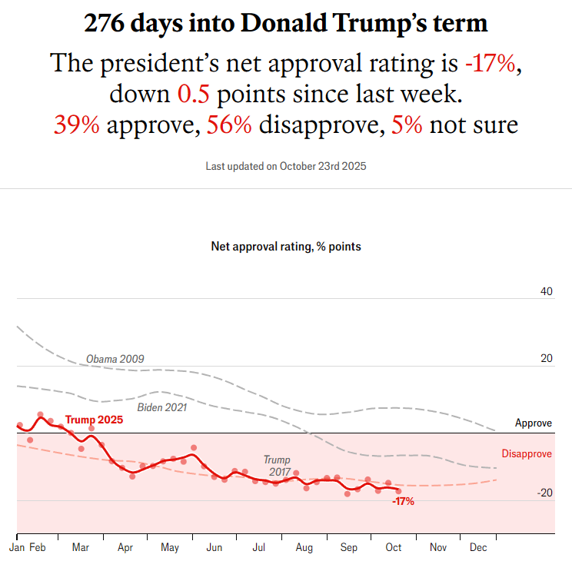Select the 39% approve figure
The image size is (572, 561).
(x=76, y=124)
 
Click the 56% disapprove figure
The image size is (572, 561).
(x=229, y=124)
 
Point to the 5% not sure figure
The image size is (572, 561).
(x=407, y=124)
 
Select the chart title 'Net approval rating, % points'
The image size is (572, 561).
(x=286, y=247)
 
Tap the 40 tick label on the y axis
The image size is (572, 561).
(x=547, y=291)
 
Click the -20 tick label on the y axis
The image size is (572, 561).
(x=544, y=493)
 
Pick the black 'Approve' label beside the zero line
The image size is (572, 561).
(x=534, y=423)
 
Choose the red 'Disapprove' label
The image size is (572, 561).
(x=527, y=454)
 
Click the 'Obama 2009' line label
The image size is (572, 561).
(x=115, y=359)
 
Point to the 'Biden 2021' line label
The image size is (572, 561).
(x=161, y=407)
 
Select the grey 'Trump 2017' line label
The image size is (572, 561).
(x=277, y=466)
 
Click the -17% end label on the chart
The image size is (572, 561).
(x=403, y=502)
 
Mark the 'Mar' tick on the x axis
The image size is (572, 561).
(x=81, y=548)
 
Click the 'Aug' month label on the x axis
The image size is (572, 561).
(x=304, y=548)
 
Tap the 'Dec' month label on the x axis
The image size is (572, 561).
(x=478, y=548)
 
